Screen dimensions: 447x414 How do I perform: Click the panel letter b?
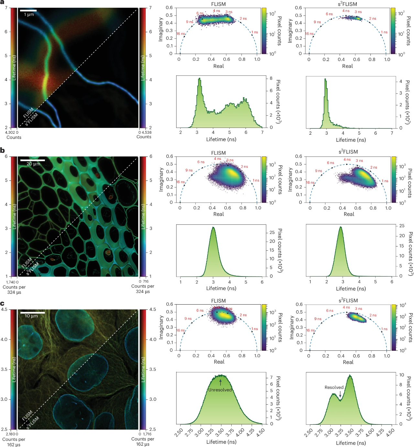coord(2,150)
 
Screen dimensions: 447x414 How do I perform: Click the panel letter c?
coord(2,303)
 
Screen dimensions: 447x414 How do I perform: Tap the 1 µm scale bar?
coord(28,11)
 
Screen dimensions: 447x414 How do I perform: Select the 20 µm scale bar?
coord(32,160)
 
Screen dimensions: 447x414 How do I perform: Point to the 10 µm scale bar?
coord(32,312)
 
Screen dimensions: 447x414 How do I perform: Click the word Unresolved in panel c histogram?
coord(220,390)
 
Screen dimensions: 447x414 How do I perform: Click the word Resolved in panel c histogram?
coord(334,387)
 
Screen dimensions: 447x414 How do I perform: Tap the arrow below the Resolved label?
coord(340,394)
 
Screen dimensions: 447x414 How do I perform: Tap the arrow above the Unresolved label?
coord(221,382)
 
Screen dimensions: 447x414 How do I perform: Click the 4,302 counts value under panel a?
coord(10,132)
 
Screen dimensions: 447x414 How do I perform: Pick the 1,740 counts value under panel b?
coord(10,282)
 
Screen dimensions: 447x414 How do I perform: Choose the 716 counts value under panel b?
coord(146,281)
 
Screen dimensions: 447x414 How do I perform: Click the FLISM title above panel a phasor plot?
coord(218,4)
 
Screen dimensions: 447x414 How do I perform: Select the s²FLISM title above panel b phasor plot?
coord(348,152)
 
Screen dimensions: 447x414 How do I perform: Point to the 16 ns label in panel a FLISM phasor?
coord(180,34)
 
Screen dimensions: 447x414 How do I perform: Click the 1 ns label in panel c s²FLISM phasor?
coord(384,329)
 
